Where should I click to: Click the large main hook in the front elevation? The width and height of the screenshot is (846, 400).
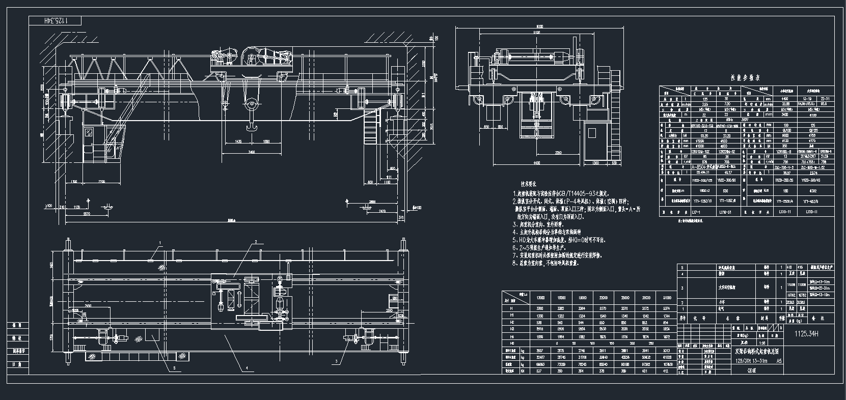[x=251, y=121]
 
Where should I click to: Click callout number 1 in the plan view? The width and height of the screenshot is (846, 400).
[x=159, y=243]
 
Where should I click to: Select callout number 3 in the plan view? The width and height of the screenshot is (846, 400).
[x=336, y=361]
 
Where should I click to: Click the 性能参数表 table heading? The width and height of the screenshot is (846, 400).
[x=745, y=78]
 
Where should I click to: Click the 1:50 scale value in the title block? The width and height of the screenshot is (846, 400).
[x=747, y=344]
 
